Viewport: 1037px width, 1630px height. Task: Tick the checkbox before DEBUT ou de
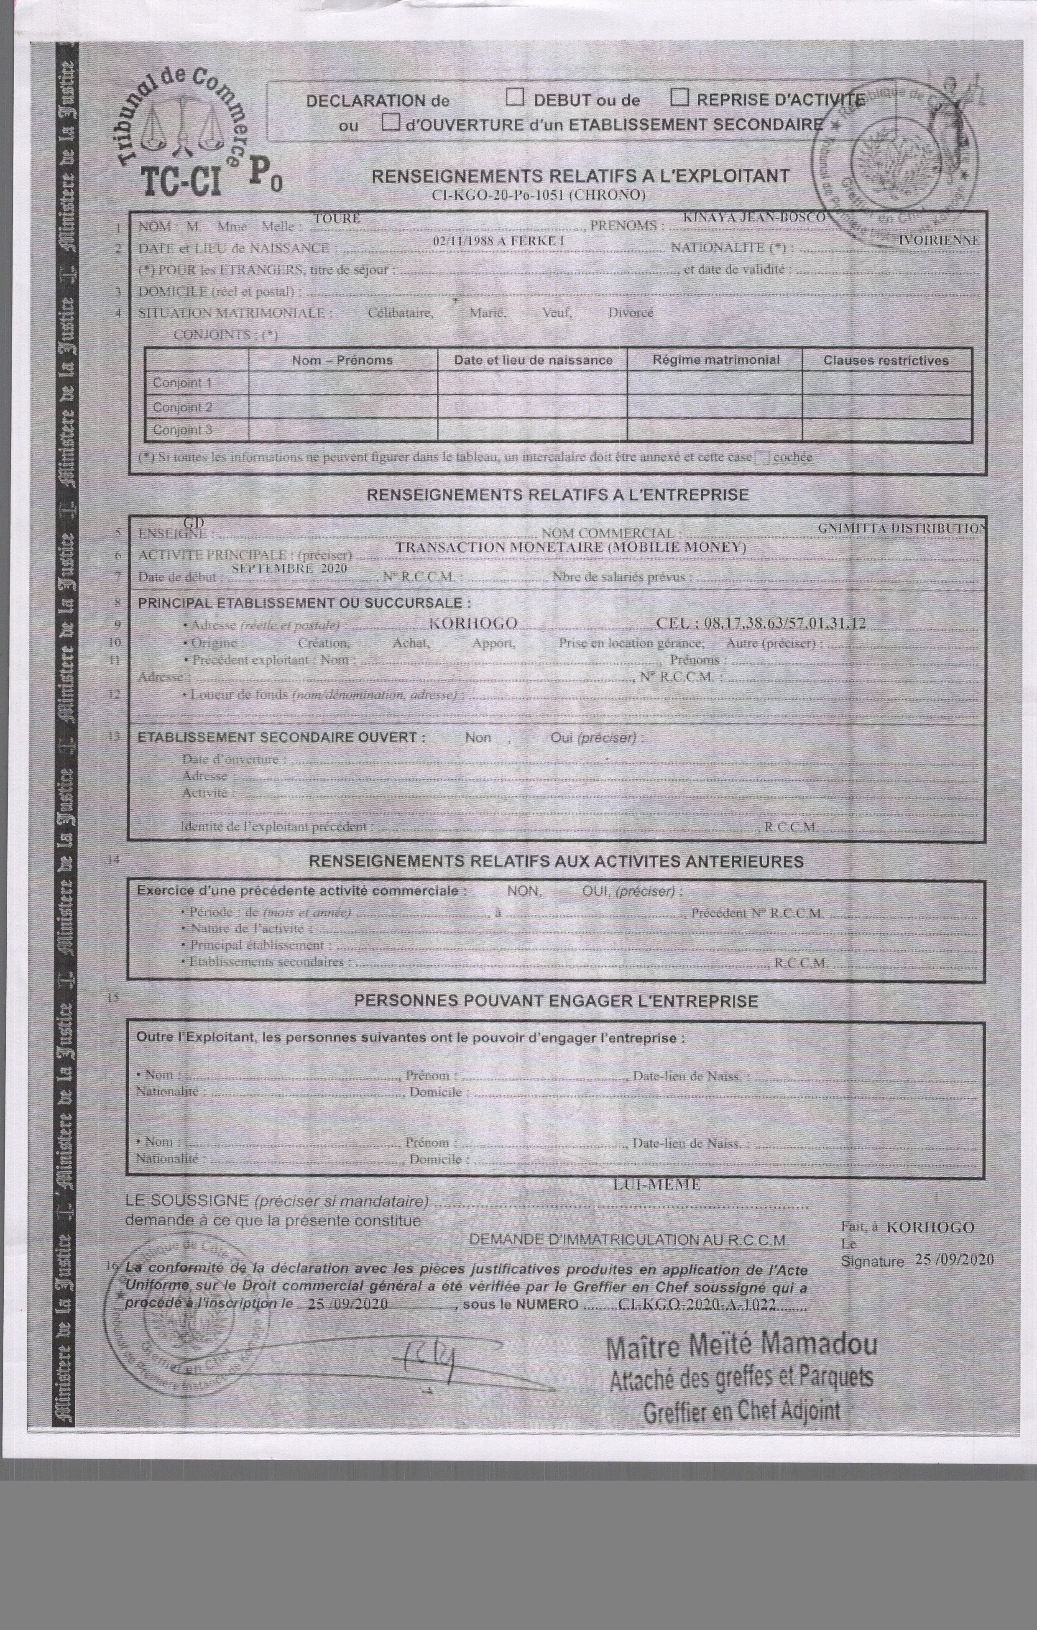[x=515, y=98]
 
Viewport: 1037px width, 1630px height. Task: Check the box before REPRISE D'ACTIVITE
[x=679, y=98]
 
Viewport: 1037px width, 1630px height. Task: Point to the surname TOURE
[x=337, y=219]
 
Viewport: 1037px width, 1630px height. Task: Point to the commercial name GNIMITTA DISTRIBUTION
[x=900, y=528]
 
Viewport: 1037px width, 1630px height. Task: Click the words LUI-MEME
[x=656, y=1185]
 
